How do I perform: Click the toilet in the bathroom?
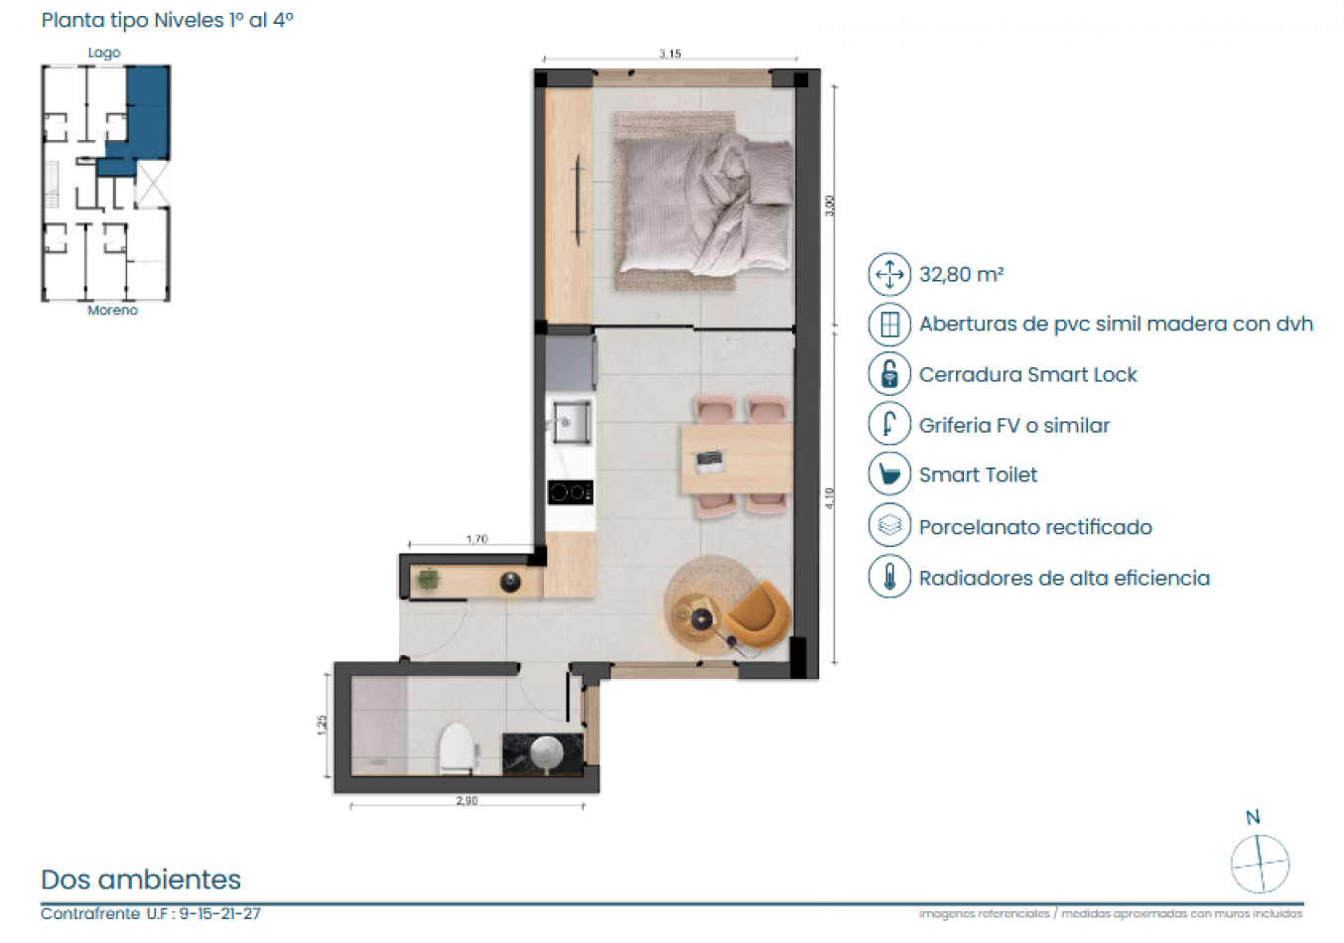[x=458, y=749]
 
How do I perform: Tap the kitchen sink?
[x=572, y=423]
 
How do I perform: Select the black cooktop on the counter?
[x=570, y=491]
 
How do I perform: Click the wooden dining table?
[x=736, y=459]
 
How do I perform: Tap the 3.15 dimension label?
[x=670, y=54]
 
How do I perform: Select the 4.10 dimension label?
[x=830, y=498]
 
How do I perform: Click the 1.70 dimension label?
[x=477, y=539]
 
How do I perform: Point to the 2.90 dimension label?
[x=467, y=800]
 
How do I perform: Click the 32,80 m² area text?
[x=961, y=275]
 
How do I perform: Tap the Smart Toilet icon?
[x=889, y=474]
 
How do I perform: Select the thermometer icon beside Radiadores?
[x=889, y=577]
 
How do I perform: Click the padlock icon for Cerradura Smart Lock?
[x=889, y=374]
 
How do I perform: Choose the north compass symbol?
[x=1260, y=863]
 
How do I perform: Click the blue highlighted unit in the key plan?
[x=146, y=114]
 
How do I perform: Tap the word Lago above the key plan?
[x=104, y=53]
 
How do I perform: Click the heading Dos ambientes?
[x=141, y=879]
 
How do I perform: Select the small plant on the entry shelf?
[x=428, y=580]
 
